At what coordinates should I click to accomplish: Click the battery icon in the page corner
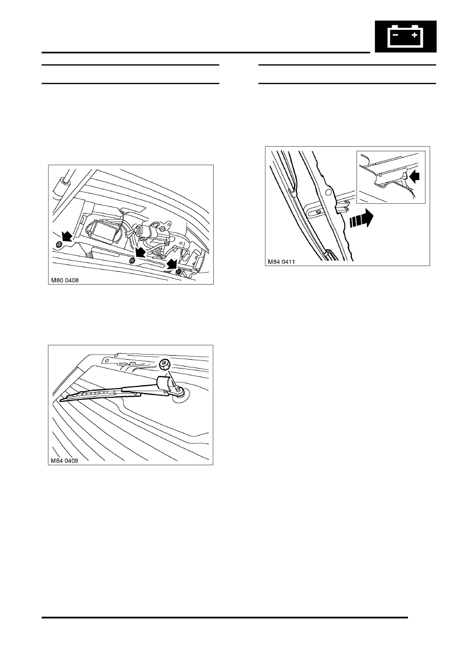(x=405, y=36)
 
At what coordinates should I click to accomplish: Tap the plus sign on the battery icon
(x=415, y=35)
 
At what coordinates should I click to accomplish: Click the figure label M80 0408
(x=65, y=280)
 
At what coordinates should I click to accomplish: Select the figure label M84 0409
(x=64, y=461)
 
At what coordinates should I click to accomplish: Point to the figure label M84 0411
(x=281, y=262)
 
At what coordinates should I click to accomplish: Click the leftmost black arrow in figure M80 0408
(x=66, y=236)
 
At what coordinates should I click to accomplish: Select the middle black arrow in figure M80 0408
(x=140, y=252)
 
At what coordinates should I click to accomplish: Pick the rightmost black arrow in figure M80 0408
(x=173, y=264)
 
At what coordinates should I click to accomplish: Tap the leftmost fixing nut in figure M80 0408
(x=59, y=245)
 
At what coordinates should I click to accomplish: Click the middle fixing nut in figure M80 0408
(x=132, y=260)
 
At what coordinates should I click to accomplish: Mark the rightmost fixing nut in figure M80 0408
(x=178, y=272)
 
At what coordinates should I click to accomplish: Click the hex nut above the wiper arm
(x=164, y=365)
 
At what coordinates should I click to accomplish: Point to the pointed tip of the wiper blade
(x=61, y=400)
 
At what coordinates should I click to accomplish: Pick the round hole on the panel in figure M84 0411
(x=328, y=192)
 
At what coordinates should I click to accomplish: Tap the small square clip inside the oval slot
(x=318, y=212)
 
